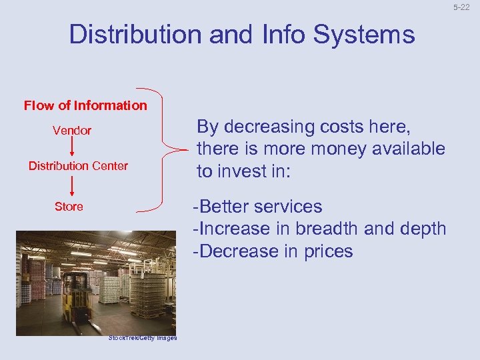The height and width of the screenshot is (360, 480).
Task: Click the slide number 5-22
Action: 462,7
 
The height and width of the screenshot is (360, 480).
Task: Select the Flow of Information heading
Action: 85,105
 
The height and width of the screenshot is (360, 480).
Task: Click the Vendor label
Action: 72,131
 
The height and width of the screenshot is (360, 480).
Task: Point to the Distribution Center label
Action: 78,166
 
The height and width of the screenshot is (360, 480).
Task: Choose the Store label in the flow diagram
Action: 69,207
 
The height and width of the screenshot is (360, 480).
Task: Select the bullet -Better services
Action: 257,207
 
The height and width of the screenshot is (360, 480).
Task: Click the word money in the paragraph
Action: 323,149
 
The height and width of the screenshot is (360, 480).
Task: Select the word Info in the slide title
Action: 275,34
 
